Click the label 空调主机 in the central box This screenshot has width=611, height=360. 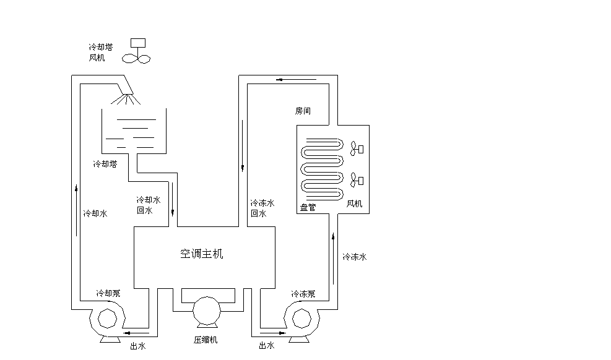[201, 254]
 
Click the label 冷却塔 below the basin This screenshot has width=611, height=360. [105, 165]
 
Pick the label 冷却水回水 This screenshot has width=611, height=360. [148, 205]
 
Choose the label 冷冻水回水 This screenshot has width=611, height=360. [262, 208]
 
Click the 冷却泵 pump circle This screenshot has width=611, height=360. [106, 318]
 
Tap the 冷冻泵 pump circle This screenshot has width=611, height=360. [302, 318]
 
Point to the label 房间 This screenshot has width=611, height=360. [303, 111]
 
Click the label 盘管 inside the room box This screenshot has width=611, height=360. [308, 207]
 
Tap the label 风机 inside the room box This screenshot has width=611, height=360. [354, 203]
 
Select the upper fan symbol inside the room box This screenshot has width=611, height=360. [357, 149]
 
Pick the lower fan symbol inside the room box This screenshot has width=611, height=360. [357, 181]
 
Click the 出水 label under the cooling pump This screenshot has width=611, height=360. [137, 346]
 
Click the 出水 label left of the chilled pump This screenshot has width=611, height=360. [266, 346]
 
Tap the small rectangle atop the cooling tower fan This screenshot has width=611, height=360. [139, 43]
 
